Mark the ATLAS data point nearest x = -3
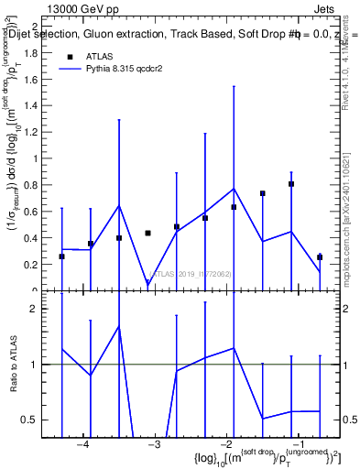click(147, 233)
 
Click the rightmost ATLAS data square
click(320, 257)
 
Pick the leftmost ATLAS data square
click(61, 256)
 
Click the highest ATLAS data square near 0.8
click(291, 184)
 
